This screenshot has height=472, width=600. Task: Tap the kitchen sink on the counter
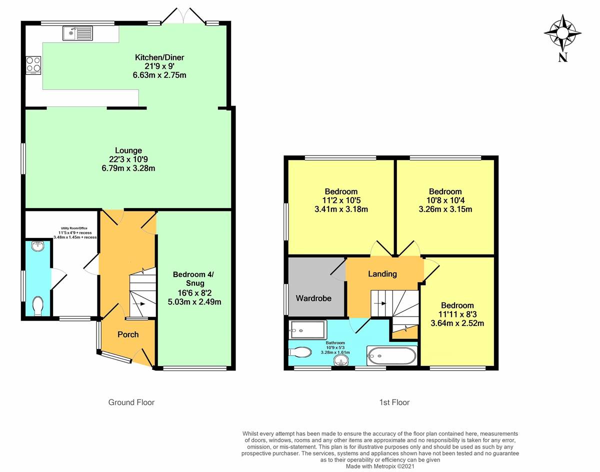[77, 33]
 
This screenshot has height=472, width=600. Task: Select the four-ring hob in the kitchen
[33, 65]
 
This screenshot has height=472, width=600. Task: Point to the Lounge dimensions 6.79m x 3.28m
[128, 168]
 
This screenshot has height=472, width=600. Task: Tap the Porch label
[128, 334]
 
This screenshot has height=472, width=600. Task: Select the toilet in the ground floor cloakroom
[37, 305]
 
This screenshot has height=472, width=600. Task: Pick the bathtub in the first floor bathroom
[391, 356]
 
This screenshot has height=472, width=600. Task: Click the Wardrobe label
[312, 298]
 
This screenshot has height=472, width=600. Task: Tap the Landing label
[382, 273]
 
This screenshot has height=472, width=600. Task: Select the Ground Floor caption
[131, 402]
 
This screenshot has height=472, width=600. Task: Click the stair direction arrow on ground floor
[140, 303]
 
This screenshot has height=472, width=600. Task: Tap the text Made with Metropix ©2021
[380, 466]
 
